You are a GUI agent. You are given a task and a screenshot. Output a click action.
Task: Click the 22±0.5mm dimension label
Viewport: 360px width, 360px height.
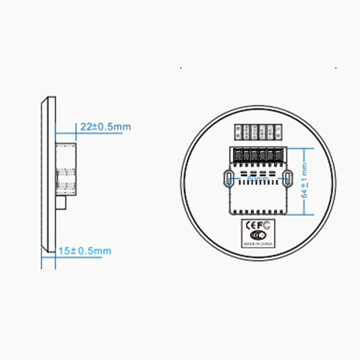coord(105,126)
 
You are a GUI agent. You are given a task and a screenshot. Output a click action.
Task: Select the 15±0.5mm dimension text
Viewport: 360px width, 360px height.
coord(84,250)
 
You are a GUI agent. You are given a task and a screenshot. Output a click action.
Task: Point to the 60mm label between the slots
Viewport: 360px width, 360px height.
coord(258,178)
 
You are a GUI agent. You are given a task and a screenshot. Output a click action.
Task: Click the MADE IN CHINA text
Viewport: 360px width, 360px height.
coord(258,244)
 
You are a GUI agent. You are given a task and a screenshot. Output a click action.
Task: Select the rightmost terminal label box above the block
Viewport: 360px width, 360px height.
coord(278,131)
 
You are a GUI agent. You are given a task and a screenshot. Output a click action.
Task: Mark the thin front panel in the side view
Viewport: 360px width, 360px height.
coord(48,175)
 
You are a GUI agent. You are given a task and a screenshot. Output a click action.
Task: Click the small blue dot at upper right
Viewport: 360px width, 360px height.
coord(336,67)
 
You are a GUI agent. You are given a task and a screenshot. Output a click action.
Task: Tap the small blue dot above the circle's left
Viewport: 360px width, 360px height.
coord(180,67)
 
